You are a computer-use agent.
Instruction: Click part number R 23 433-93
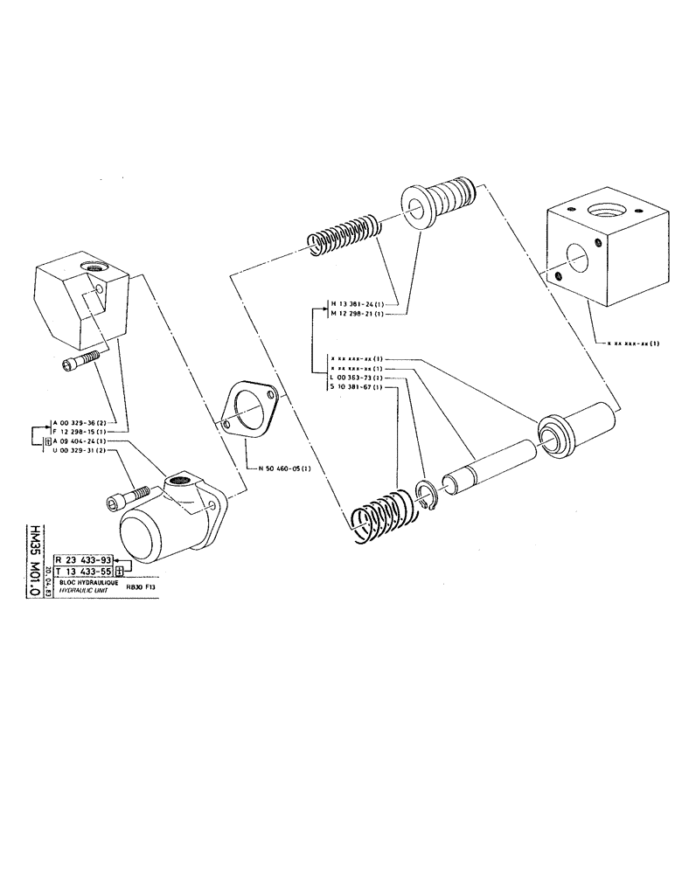[86, 560]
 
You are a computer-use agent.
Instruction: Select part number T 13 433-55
[86, 572]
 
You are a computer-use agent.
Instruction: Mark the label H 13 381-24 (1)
[356, 304]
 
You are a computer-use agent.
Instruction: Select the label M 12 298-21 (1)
[356, 314]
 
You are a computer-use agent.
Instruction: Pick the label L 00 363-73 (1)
[356, 378]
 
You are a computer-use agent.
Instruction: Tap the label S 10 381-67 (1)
[356, 387]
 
